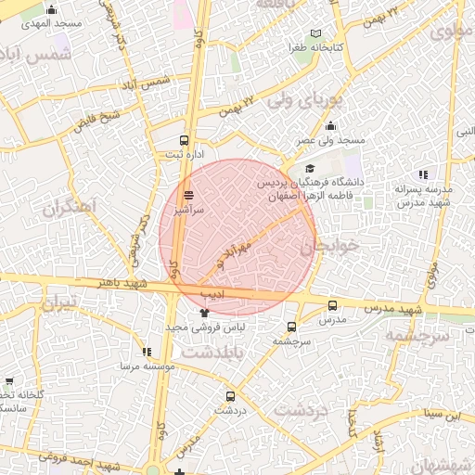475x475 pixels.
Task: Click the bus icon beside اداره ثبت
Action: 184,142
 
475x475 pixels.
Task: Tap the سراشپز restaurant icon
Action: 189,195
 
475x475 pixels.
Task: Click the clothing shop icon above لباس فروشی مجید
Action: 204,314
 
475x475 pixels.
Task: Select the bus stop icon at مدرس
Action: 332,305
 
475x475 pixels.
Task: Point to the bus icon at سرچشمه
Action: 291,327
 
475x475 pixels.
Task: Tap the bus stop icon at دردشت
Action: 231,396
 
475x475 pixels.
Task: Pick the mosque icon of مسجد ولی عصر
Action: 330,126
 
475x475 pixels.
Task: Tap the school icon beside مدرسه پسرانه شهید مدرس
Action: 423,173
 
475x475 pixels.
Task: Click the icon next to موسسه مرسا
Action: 147,352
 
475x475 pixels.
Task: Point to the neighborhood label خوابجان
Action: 328,246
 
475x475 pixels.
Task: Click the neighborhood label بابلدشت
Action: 211,353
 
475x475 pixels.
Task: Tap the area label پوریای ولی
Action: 305,99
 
